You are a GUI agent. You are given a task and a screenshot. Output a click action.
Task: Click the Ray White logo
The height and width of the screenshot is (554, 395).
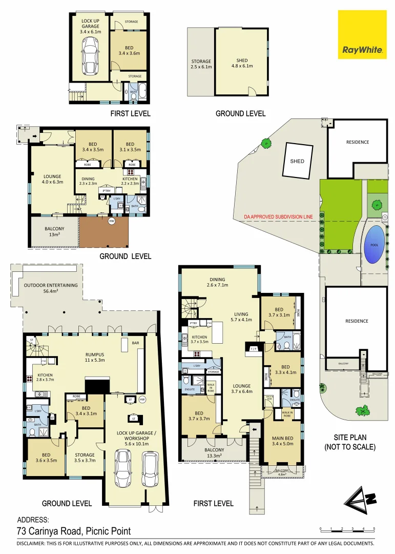(x=362, y=34)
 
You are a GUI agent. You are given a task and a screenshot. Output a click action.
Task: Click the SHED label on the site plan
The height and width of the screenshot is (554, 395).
(x=297, y=161)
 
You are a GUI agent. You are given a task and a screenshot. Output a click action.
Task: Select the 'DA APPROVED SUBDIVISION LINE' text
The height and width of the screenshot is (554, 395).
(x=278, y=217)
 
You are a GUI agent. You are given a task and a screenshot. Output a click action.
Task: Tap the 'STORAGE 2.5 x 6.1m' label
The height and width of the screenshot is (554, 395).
(x=201, y=64)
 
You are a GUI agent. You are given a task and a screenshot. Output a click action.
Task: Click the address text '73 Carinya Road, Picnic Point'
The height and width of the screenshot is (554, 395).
(x=74, y=531)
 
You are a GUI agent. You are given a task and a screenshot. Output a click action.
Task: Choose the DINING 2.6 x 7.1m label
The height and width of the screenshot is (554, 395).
(x=217, y=282)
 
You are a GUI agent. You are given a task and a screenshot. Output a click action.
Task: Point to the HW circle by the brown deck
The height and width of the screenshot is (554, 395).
(x=111, y=222)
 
